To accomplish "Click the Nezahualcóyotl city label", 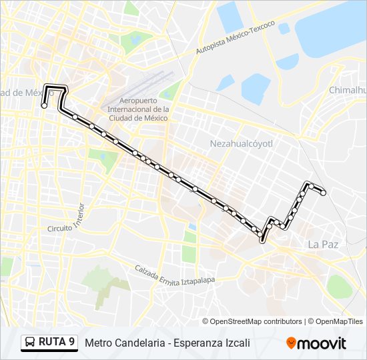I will (x=242, y=143).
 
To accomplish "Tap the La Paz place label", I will (x=323, y=245).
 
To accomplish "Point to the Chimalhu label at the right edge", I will (x=347, y=90).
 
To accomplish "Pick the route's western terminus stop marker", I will (x=44, y=105).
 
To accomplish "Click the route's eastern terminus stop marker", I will (x=324, y=193).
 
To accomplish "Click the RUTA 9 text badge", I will (x=57, y=343).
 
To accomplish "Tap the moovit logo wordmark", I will (x=322, y=343).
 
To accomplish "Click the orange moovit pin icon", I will (x=291, y=343).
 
